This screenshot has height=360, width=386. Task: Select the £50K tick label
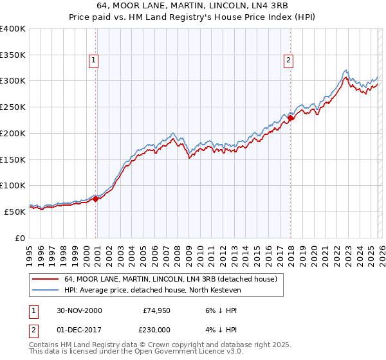point(15,212)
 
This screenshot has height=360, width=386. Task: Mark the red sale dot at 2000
point(96,199)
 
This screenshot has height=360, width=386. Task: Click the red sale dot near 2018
point(290,118)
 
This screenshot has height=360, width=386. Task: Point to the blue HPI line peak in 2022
point(345,70)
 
